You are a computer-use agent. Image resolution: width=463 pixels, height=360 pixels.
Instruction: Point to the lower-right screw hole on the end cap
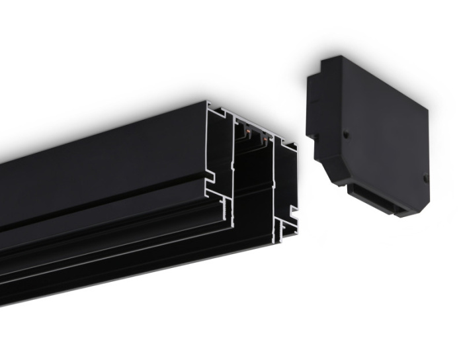point(425,177)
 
